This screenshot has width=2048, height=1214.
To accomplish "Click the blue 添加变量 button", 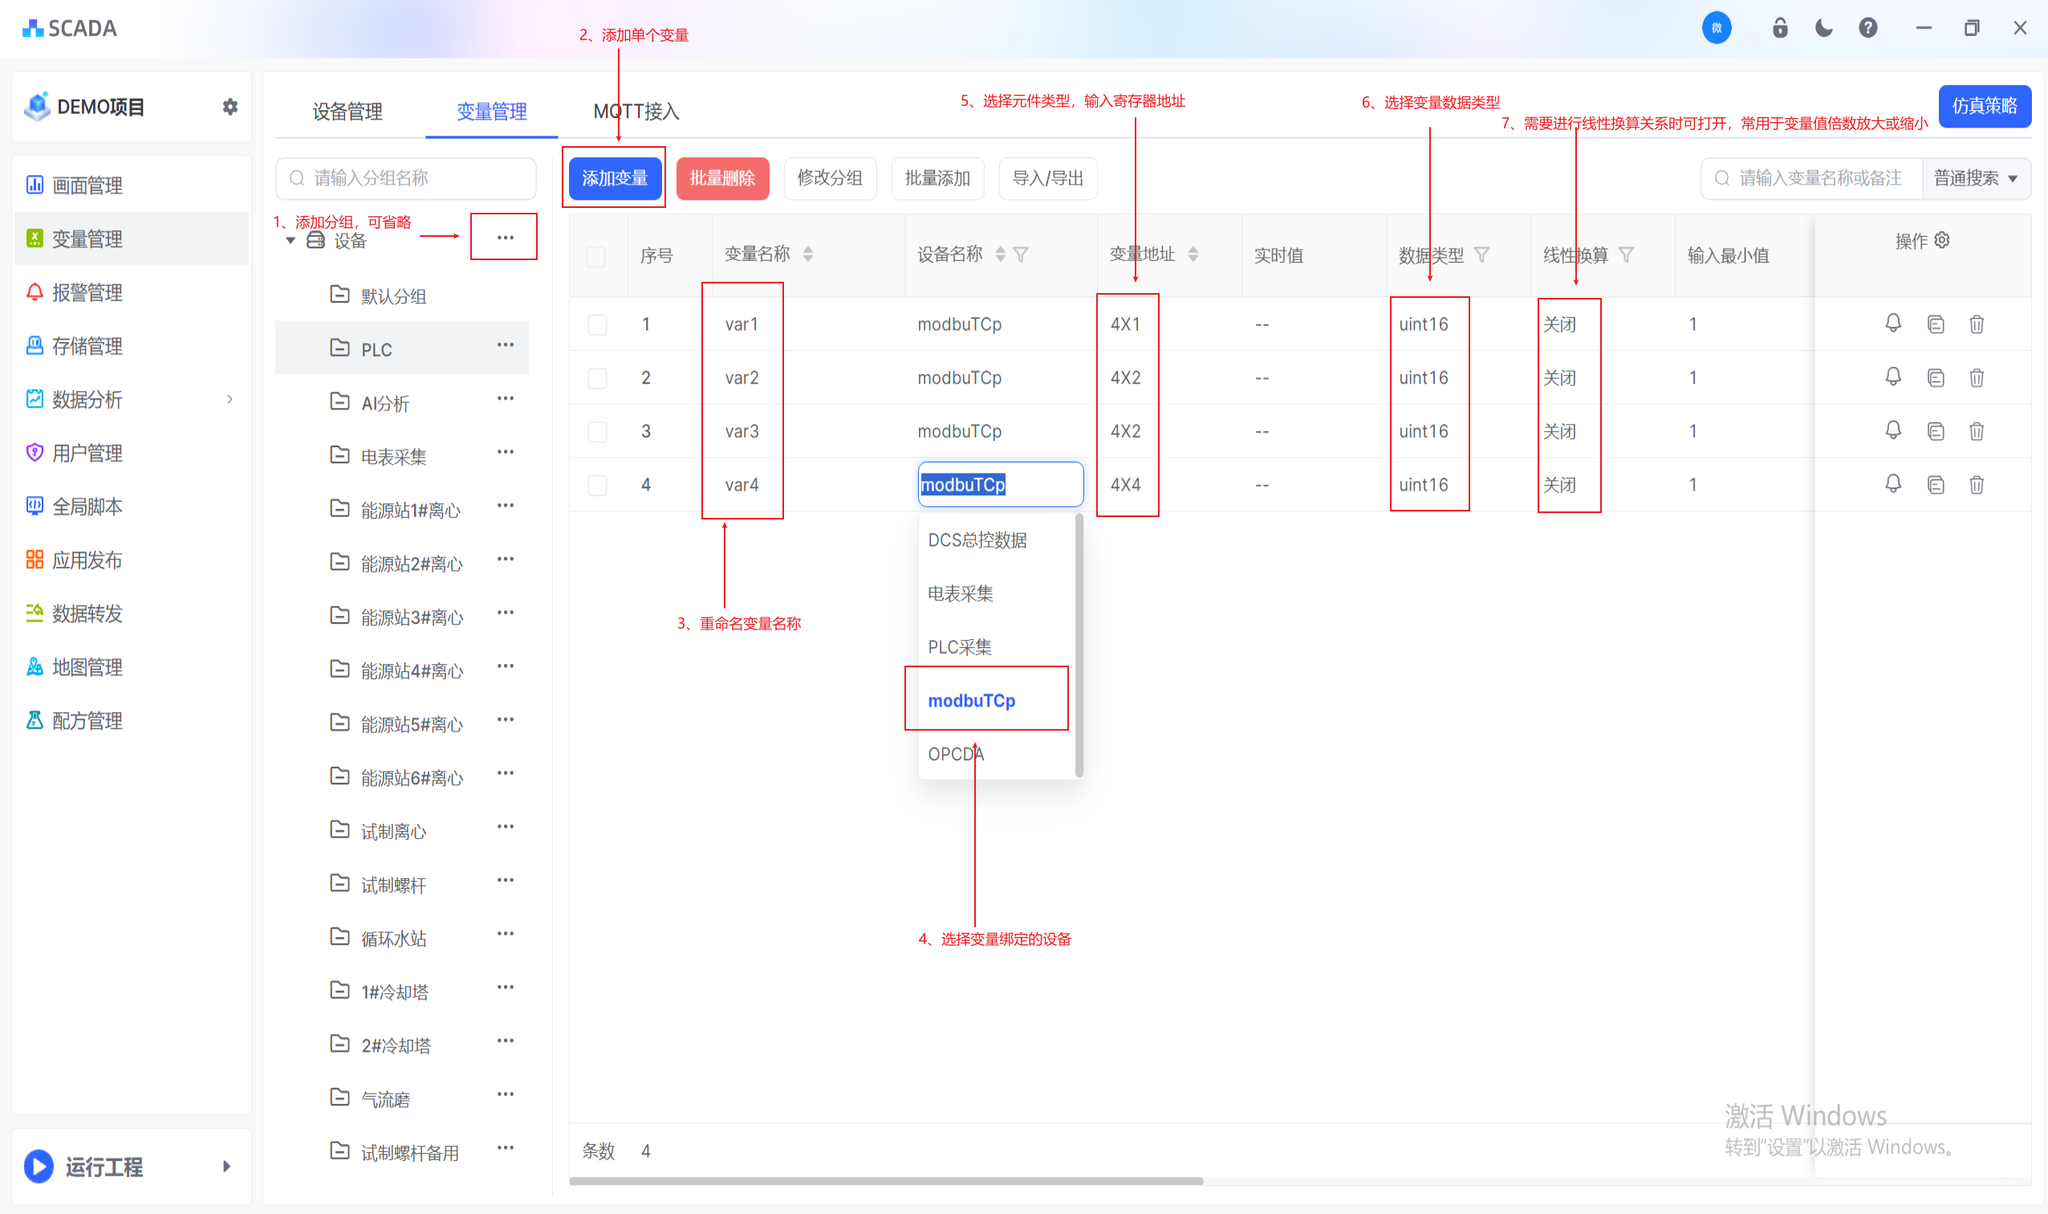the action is [615, 177].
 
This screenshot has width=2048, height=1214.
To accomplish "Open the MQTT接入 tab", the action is [636, 112].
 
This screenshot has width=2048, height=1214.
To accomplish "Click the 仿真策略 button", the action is [1985, 106].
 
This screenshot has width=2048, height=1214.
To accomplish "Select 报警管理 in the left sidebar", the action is [87, 293].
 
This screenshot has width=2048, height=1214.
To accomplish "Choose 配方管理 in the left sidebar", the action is [87, 721].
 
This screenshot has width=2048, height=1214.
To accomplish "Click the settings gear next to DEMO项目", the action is [230, 106].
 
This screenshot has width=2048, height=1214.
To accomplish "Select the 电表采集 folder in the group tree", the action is [393, 457].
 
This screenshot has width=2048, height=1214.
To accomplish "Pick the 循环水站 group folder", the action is [393, 939].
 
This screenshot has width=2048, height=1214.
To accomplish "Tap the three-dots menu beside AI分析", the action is [506, 398].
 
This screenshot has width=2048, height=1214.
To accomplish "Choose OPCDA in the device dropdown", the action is [956, 754].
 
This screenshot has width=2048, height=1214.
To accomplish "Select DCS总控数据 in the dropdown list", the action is [977, 540].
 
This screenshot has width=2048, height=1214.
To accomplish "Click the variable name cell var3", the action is [742, 431].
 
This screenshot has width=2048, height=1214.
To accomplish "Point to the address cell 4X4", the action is [1125, 485].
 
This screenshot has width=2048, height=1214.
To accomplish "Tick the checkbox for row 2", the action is [598, 378].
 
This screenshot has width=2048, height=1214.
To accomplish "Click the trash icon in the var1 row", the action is [1976, 324].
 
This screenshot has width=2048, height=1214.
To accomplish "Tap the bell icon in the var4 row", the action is [1892, 484].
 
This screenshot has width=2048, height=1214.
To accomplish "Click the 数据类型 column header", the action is [1431, 255].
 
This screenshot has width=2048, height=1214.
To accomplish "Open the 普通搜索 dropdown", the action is [1975, 178].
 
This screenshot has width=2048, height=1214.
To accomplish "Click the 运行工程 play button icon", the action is [39, 1167].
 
